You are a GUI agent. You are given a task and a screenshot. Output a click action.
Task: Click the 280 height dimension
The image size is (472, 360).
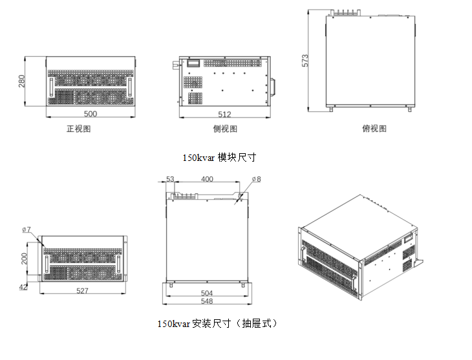pos(21,81)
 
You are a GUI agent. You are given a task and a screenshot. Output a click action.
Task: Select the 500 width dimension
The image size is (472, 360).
pos(91,114)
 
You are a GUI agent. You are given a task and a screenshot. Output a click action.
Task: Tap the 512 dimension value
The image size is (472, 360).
pos(224,114)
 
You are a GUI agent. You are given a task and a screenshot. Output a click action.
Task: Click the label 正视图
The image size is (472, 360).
pos(79,129)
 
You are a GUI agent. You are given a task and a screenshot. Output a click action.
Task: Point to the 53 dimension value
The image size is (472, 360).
pos(170,178)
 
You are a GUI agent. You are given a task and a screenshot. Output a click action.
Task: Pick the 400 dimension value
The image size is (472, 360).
pos(207,178)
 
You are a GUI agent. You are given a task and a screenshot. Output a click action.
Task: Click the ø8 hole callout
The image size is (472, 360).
pos(255,178)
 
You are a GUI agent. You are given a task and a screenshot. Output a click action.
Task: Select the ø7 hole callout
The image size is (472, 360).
pos(27,229)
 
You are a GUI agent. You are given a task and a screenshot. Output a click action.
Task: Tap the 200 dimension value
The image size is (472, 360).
pos(25,259)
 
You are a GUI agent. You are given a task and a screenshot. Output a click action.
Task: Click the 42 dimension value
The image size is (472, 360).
pos(24,286)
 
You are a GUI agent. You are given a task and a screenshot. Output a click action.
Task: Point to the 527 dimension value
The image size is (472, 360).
pos(82,291)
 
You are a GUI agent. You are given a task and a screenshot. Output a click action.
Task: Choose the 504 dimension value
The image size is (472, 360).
pos(207,293)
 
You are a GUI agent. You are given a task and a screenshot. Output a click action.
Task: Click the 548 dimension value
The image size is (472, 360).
pos(207,301)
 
